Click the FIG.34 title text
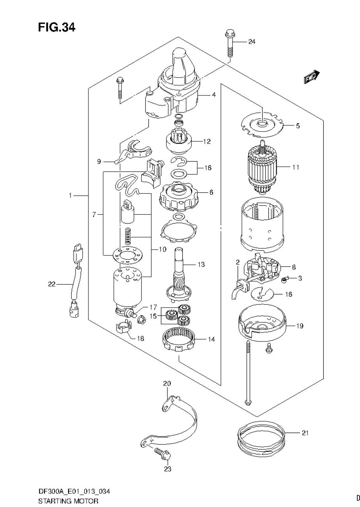tap(56, 27)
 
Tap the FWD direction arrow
tap(312, 77)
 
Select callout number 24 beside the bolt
tap(252, 42)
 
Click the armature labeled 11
tap(262, 167)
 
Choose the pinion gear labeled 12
tap(180, 142)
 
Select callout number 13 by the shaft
tap(201, 265)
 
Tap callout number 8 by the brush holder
tap(294, 267)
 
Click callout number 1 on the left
tap(71, 195)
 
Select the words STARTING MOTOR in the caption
tap(68, 501)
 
